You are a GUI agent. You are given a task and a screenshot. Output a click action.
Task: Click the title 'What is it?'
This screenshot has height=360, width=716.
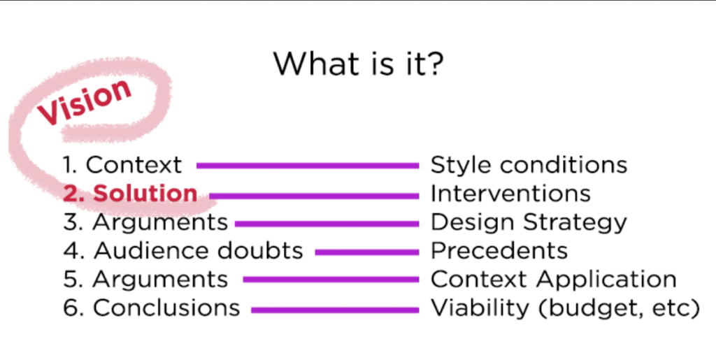pos(359,64)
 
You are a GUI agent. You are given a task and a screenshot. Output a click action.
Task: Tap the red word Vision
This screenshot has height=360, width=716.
pos(85,103)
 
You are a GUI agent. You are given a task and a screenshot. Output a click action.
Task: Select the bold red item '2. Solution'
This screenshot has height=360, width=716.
pos(130,194)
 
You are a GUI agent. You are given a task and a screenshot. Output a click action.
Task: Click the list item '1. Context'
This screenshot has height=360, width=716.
pos(122,165)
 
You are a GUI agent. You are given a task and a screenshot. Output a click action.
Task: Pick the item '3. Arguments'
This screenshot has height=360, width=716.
pos(145,223)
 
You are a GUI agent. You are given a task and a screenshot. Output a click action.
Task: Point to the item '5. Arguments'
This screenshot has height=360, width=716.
pos(145,280)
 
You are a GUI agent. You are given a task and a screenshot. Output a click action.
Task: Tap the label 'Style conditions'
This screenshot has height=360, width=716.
pos(529,165)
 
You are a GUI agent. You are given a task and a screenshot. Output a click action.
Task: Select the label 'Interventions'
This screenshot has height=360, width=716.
pos(510,194)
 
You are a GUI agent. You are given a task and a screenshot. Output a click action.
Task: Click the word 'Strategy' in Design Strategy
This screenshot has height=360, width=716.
pos(575,223)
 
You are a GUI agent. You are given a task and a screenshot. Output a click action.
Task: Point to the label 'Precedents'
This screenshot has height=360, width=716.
pos(499,250)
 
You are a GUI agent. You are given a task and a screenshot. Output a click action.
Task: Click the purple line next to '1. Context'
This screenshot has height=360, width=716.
pos(308,166)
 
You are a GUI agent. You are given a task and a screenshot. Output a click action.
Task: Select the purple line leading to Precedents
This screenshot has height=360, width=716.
pos(367,252)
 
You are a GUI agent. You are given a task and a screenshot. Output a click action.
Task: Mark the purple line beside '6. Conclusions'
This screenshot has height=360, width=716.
pos(335,310)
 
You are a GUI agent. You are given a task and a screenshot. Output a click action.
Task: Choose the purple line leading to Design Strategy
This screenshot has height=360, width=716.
pos(327,224)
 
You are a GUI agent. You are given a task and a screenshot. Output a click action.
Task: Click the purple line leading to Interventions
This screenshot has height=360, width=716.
pos(314,196)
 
